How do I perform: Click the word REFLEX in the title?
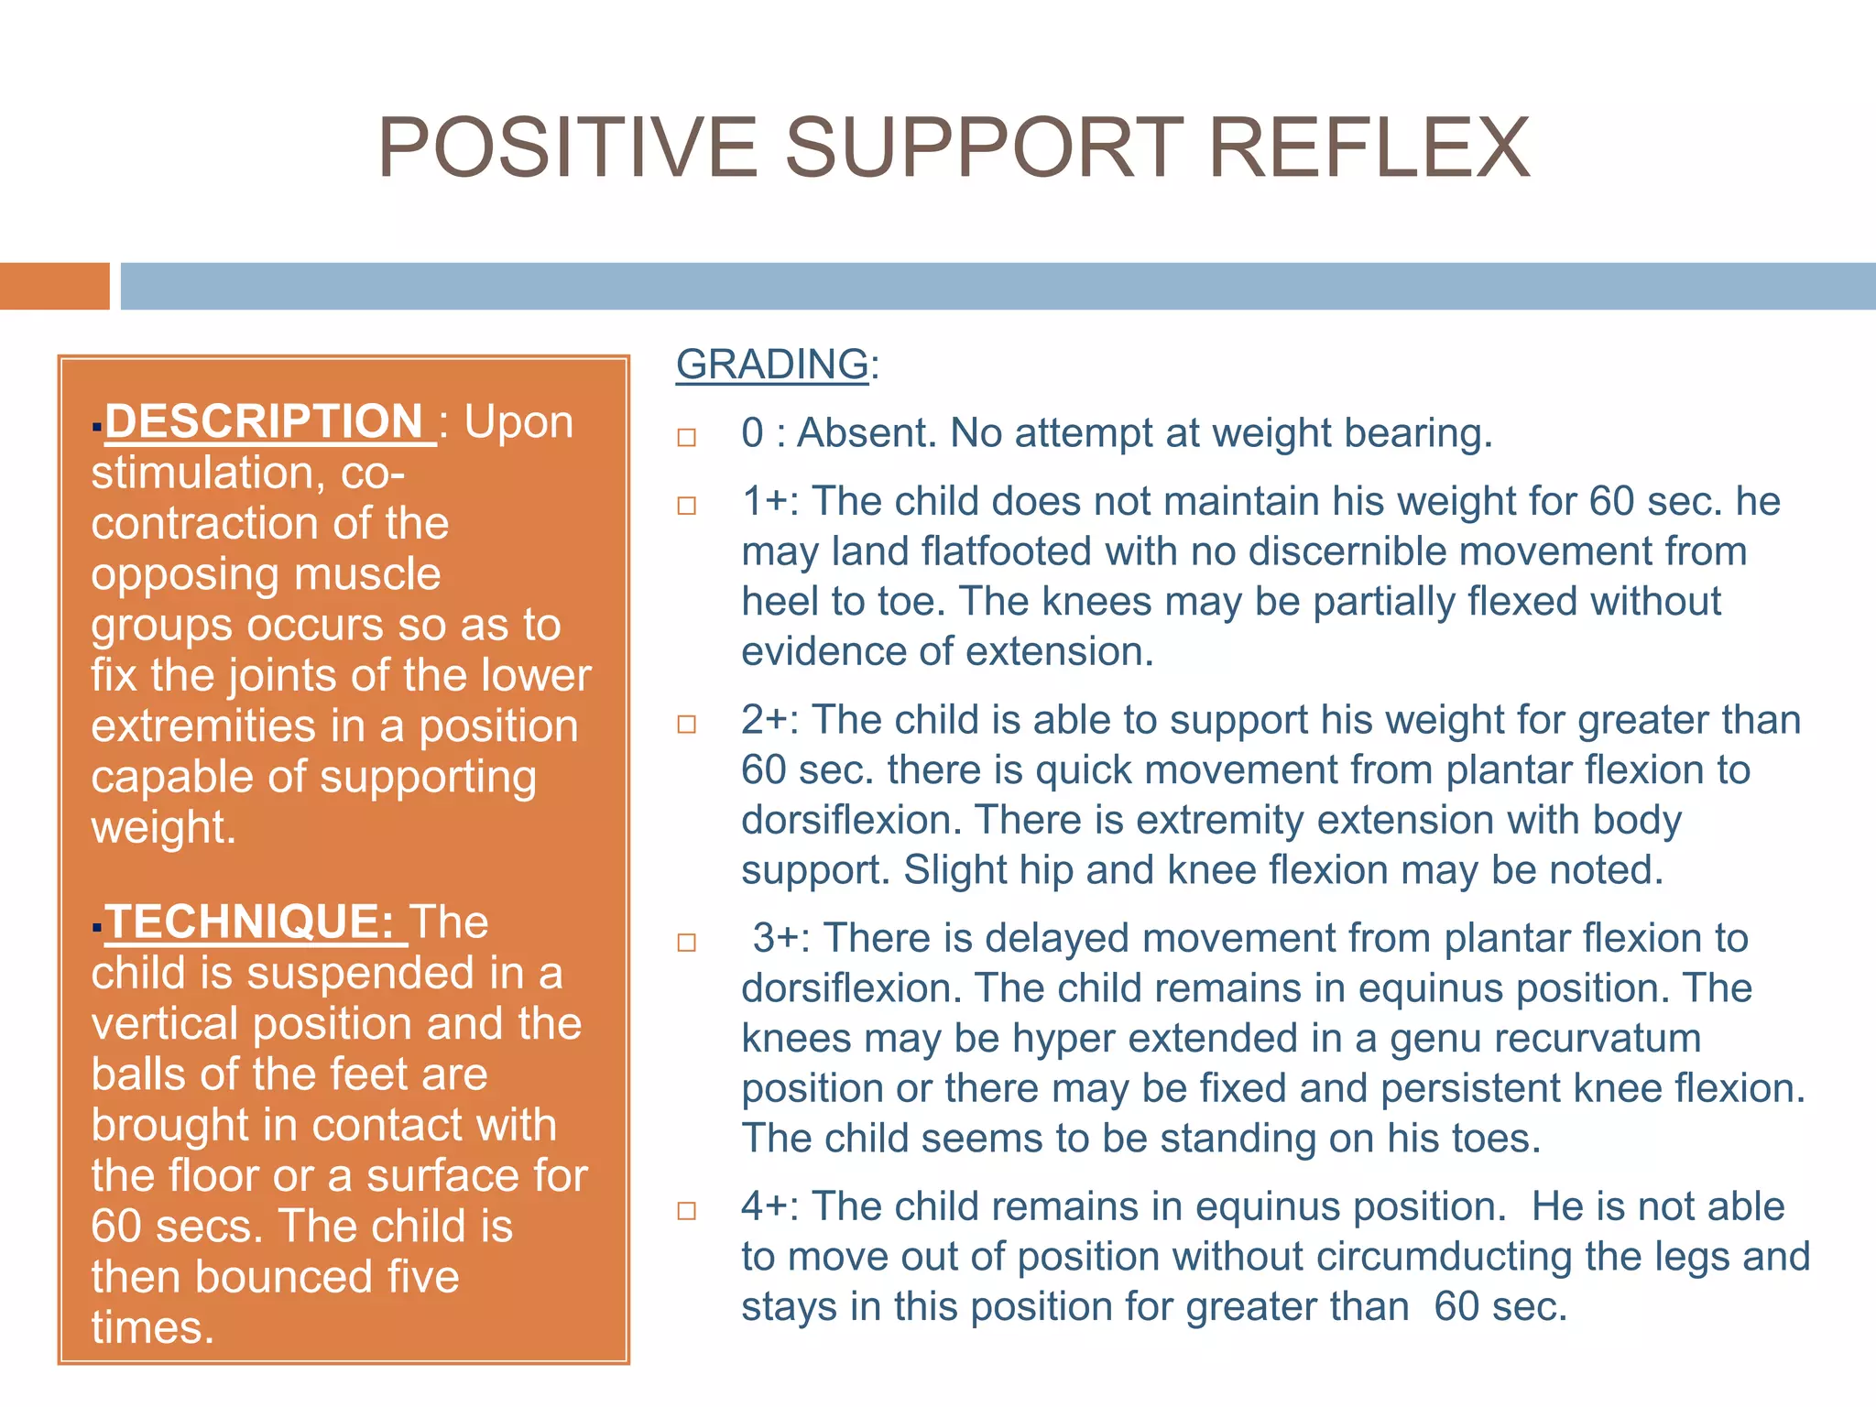[x=1369, y=148]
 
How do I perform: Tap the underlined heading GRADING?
[x=772, y=365]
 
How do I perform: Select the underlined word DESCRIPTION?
[x=264, y=422]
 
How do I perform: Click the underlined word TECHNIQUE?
[x=249, y=922]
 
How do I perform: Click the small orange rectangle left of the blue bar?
[x=54, y=286]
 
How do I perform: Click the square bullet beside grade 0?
[x=687, y=437]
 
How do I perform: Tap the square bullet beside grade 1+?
[x=687, y=506]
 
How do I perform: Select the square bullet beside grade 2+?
[x=687, y=725]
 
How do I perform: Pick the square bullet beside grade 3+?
[x=687, y=943]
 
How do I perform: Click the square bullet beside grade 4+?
[x=687, y=1211]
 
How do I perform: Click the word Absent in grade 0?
[x=867, y=433]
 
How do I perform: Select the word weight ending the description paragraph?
[x=163, y=828]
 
